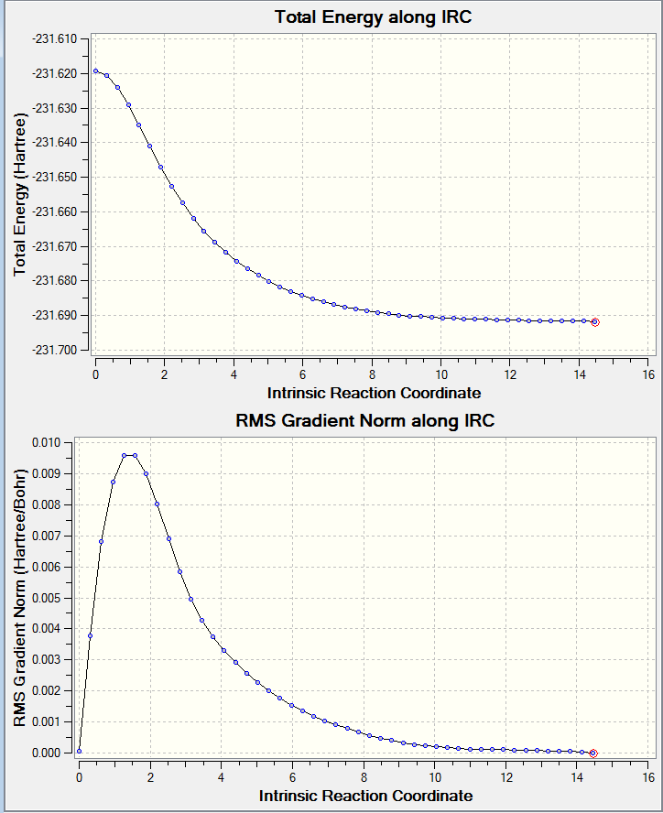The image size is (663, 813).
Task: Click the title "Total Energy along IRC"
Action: (x=373, y=17)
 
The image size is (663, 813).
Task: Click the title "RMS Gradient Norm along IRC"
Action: (x=365, y=420)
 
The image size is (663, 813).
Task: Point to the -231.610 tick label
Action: (x=54, y=38)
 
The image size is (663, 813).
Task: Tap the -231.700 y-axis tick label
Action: (x=54, y=350)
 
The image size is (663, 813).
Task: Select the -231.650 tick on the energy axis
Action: (x=54, y=178)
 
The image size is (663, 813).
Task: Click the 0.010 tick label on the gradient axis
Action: (x=46, y=443)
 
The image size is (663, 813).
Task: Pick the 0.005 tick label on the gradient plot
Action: (x=46, y=599)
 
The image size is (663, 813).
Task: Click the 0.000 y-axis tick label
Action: (x=46, y=753)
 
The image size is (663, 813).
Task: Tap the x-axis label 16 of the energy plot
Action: (x=648, y=374)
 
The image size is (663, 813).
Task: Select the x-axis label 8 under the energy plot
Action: (x=372, y=374)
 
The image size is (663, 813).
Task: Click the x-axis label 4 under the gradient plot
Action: (x=221, y=777)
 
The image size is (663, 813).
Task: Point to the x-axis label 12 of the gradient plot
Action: (x=505, y=777)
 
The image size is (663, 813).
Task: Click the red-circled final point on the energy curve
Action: (x=595, y=322)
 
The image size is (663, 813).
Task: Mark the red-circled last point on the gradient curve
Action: (x=593, y=753)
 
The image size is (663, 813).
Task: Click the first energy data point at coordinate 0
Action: (x=95, y=71)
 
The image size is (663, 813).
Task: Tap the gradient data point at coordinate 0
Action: (x=79, y=751)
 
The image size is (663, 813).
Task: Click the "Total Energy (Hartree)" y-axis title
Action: (x=20, y=194)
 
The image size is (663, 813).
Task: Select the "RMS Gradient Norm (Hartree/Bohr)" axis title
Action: (x=20, y=598)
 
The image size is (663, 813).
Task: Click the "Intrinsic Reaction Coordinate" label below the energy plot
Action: (x=374, y=393)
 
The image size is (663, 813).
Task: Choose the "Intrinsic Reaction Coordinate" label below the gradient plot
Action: (x=365, y=796)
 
